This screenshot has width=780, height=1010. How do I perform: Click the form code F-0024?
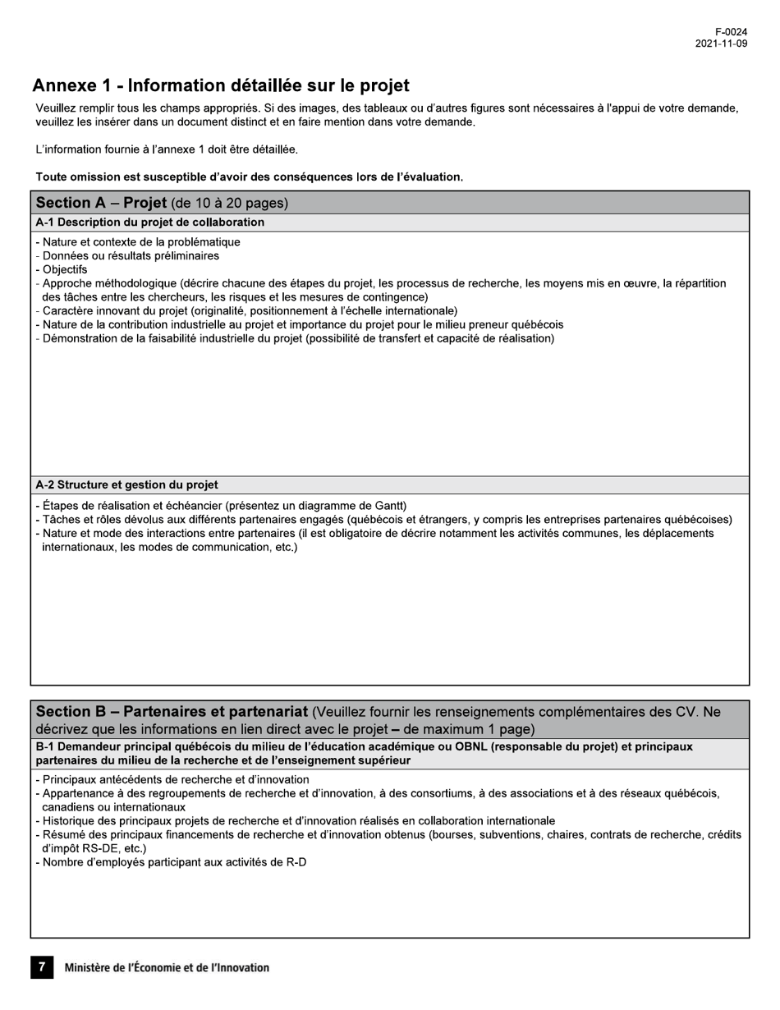(731, 32)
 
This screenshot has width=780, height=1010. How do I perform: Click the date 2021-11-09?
(721, 44)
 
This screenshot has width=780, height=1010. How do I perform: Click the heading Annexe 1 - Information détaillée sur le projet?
(221, 85)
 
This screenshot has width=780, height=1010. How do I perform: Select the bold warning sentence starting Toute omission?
(249, 177)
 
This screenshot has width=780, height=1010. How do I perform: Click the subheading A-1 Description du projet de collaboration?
(149, 223)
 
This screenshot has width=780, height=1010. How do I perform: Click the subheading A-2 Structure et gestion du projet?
(126, 484)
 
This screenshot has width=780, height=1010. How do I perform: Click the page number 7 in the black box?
(42, 967)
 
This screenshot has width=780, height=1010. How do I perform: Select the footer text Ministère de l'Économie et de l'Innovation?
(167, 968)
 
